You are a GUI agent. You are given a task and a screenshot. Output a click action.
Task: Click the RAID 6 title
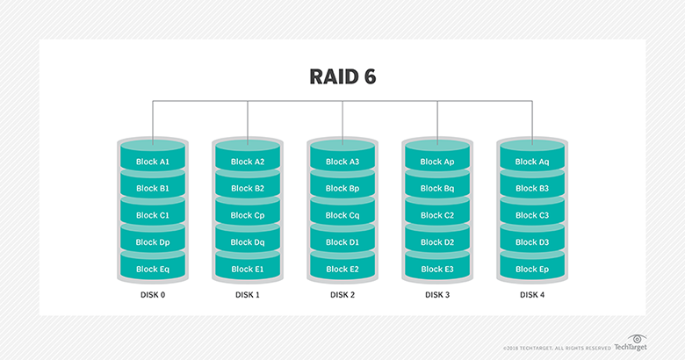pyautogui.click(x=342, y=76)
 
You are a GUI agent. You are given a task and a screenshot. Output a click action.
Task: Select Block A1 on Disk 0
pyautogui.click(x=152, y=162)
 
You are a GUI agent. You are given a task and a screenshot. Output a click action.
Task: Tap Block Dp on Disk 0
pyautogui.click(x=152, y=242)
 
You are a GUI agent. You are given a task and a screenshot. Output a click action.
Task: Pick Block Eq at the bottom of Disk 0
pyautogui.click(x=152, y=269)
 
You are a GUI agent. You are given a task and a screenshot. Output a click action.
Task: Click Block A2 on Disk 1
pyautogui.click(x=247, y=162)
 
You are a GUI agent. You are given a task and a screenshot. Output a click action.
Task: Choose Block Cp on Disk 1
pyautogui.click(x=247, y=215)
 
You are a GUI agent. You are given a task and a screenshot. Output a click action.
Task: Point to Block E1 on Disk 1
pyautogui.click(x=247, y=269)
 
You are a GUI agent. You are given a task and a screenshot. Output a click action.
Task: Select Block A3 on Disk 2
pyautogui.click(x=342, y=162)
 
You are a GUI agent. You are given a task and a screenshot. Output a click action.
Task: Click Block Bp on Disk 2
pyautogui.click(x=342, y=189)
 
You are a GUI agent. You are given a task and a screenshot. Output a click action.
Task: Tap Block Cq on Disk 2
pyautogui.click(x=342, y=215)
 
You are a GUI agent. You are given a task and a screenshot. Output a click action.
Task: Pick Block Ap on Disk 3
pyautogui.click(x=436, y=162)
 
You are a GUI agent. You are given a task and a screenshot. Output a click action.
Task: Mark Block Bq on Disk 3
pyautogui.click(x=436, y=189)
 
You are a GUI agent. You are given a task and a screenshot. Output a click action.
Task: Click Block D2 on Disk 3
pyautogui.click(x=436, y=242)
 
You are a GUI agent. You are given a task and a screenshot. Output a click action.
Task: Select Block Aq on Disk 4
pyautogui.click(x=531, y=162)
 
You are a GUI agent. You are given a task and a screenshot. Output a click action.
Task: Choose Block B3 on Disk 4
pyautogui.click(x=531, y=189)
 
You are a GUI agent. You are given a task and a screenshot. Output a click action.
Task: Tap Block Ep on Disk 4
pyautogui.click(x=531, y=269)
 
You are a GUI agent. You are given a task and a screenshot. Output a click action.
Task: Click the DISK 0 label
pyautogui.click(x=152, y=295)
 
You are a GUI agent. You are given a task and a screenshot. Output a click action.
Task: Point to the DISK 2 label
pyautogui.click(x=342, y=295)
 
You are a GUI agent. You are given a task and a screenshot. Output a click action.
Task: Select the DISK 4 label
pyautogui.click(x=531, y=295)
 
